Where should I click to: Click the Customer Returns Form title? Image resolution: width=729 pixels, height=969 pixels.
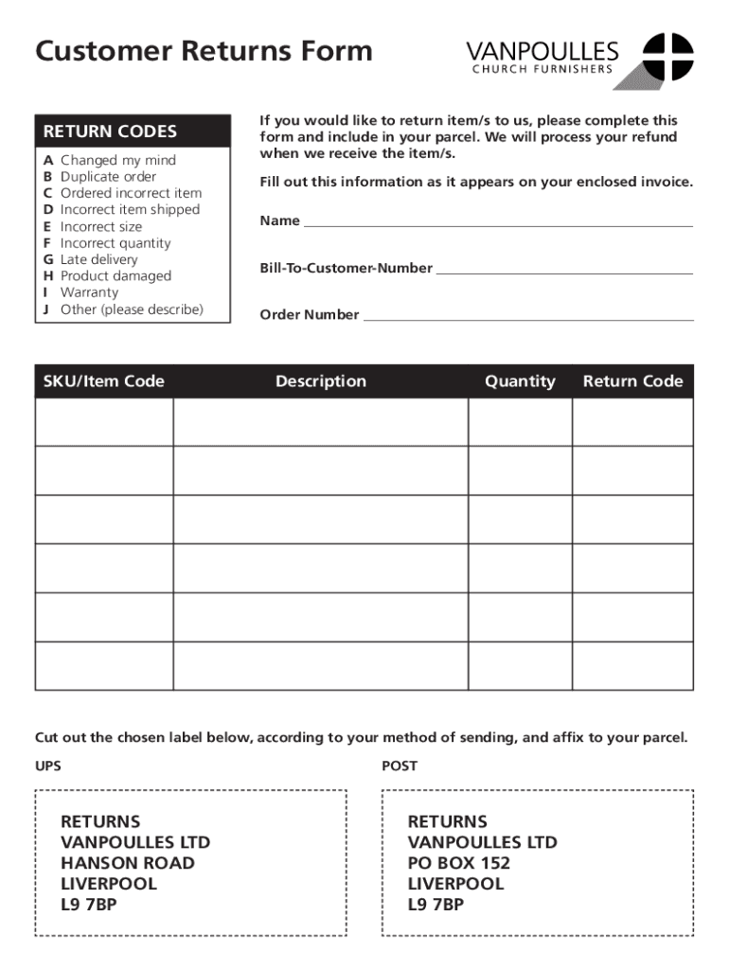[204, 51]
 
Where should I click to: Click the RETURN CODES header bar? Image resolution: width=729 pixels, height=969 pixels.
[133, 132]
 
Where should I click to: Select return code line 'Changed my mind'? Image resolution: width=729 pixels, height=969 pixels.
[117, 160]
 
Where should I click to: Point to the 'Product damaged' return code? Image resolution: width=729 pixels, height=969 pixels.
[116, 276]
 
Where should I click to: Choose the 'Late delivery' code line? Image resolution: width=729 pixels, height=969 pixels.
[98, 259]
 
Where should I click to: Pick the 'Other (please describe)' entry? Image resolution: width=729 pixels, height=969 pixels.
[132, 309]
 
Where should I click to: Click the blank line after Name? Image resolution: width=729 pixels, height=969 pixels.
[498, 224]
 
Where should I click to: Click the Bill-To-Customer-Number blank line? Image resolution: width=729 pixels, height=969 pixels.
[564, 272]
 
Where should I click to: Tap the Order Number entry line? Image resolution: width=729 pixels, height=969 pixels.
[527, 318]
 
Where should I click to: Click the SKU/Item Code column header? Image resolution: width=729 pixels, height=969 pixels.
[104, 381]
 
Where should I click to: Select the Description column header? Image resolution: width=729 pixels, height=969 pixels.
[321, 381]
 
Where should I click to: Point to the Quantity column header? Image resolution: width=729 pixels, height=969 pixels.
[520, 381]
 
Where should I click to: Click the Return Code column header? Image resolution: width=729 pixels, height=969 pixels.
[632, 381]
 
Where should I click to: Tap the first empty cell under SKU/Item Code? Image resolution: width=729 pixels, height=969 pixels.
[104, 422]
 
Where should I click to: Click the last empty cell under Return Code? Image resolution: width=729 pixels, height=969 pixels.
[632, 665]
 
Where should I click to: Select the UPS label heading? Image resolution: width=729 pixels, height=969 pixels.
[48, 766]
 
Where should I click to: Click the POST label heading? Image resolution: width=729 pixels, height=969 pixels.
[400, 766]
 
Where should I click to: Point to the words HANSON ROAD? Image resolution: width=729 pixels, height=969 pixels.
[128, 863]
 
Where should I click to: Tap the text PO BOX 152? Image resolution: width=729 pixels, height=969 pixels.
[459, 863]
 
